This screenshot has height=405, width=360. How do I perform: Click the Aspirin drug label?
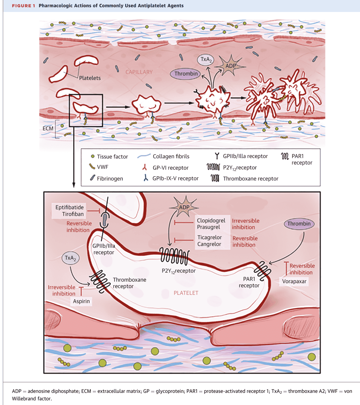click(81, 301)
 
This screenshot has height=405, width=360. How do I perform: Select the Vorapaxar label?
click(294, 281)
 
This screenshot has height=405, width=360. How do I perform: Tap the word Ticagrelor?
click(210, 237)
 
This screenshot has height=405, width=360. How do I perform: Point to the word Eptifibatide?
click(69, 207)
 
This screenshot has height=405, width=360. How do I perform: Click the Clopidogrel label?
click(211, 221)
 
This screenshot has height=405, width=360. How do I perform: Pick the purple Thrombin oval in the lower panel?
click(299, 224)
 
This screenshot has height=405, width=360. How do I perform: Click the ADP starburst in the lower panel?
click(184, 207)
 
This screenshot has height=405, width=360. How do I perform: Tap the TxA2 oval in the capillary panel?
click(205, 60)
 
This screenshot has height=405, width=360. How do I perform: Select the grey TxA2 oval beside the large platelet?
click(71, 258)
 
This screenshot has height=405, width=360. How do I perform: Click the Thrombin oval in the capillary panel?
click(185, 74)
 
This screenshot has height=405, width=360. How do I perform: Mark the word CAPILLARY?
click(139, 72)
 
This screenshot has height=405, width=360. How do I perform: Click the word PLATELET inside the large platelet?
click(186, 293)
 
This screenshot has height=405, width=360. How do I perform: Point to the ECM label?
click(48, 128)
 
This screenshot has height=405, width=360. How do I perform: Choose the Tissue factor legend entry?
click(109, 157)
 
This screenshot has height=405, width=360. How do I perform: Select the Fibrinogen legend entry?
click(106, 178)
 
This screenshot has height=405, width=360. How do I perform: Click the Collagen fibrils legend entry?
click(164, 156)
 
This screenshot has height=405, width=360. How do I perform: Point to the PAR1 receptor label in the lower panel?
click(249, 282)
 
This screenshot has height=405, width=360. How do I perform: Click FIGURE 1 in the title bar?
click(24, 5)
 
